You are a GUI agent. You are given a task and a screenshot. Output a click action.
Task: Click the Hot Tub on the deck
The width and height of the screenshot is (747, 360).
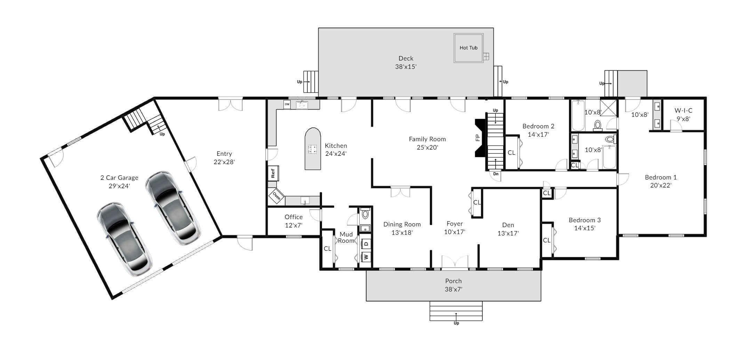pyautogui.click(x=468, y=48)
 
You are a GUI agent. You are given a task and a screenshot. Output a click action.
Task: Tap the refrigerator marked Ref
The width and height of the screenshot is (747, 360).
pyautogui.click(x=273, y=173)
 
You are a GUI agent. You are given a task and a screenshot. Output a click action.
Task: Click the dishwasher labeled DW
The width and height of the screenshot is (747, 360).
pyautogui.click(x=287, y=104)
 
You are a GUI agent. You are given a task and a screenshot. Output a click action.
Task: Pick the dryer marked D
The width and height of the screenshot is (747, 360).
pyautogui.click(x=366, y=243)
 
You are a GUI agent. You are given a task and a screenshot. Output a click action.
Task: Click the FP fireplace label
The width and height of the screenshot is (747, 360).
pyautogui.click(x=478, y=138)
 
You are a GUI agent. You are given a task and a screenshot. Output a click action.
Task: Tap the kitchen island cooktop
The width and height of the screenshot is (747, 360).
pyautogui.click(x=312, y=149)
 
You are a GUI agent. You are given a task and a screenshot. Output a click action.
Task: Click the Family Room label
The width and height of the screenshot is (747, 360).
pyautogui.click(x=427, y=139)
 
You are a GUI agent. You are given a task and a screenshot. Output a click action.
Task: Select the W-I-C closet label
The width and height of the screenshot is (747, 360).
pyautogui.click(x=683, y=111)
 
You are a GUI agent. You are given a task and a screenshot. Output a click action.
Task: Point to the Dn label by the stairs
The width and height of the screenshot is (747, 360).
pyautogui.click(x=496, y=174)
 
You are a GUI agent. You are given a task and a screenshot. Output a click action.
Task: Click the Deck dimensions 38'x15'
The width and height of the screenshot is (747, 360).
pyautogui.click(x=406, y=67)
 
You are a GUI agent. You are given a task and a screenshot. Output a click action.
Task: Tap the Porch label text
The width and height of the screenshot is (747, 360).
pyautogui.click(x=453, y=281)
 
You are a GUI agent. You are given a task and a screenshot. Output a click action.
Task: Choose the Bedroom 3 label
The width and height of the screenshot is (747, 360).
pyautogui.click(x=585, y=220)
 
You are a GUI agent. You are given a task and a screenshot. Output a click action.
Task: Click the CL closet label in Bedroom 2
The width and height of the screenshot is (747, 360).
pyautogui.click(x=511, y=153)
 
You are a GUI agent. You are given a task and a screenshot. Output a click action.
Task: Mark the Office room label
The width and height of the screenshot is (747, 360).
pyautogui.click(x=294, y=217)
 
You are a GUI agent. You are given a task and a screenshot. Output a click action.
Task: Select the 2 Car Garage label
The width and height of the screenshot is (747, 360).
pyautogui.click(x=119, y=178)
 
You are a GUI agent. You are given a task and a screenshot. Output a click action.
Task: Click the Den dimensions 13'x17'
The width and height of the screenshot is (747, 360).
pyautogui.click(x=508, y=233)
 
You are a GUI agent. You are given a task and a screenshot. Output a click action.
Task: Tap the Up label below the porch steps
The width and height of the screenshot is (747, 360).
pyautogui.click(x=456, y=323)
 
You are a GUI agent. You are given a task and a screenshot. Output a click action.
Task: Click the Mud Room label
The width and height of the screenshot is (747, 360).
pyautogui.click(x=346, y=238)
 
